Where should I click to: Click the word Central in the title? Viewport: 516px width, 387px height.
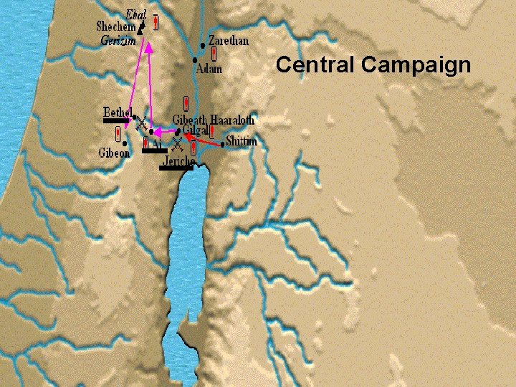[316, 65]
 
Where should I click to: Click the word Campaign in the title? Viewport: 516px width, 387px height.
[416, 66]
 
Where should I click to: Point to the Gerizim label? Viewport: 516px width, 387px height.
[118, 41]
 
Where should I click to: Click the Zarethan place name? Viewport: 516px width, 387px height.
[229, 41]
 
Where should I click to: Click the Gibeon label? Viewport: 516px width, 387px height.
[114, 153]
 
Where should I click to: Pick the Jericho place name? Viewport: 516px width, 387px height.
[178, 162]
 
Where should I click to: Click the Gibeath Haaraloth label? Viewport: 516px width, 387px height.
[214, 120]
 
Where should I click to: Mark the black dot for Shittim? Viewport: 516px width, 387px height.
[223, 145]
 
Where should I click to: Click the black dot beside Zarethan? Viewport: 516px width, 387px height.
[204, 45]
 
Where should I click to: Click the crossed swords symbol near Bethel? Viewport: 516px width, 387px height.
[142, 124]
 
